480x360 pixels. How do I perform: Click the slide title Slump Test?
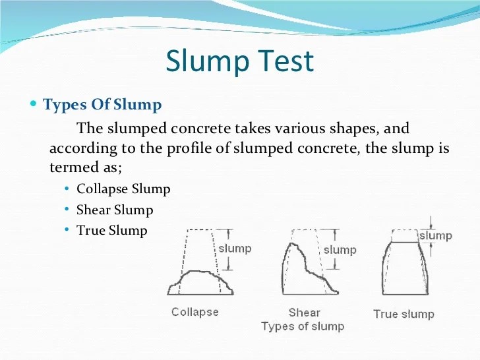(x=240, y=61)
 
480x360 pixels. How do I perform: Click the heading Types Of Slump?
(x=102, y=104)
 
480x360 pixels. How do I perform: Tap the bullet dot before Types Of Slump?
(x=34, y=103)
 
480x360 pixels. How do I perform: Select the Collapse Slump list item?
(x=123, y=189)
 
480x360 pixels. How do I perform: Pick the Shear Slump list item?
(x=115, y=210)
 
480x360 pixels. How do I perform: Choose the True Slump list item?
(x=112, y=231)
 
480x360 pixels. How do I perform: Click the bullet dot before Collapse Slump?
(x=67, y=189)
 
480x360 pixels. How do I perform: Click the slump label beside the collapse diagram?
(x=235, y=249)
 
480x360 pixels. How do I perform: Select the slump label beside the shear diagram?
(x=340, y=250)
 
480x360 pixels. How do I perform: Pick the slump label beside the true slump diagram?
(x=436, y=236)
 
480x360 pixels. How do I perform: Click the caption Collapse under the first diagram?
(x=195, y=312)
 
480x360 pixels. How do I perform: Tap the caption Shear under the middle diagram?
(x=305, y=313)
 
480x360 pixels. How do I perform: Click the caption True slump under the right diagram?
(x=404, y=314)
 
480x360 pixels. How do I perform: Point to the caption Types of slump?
(x=303, y=326)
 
